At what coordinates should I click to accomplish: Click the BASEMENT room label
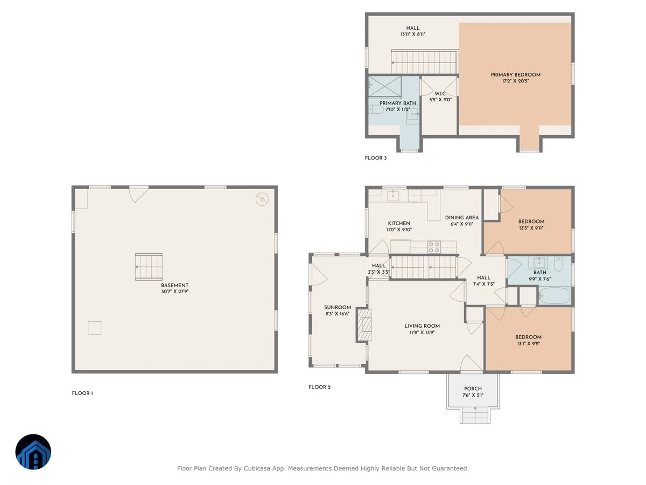pos(174,285)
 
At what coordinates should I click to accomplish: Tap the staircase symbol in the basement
pos(149,267)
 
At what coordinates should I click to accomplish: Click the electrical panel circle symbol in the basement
pos(262,199)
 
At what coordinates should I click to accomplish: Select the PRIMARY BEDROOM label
pos(515,75)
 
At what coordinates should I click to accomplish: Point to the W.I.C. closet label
pos(440,94)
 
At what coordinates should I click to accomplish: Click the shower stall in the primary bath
pos(385,87)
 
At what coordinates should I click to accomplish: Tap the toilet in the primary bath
pos(376,109)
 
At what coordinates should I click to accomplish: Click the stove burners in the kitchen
pos(434,247)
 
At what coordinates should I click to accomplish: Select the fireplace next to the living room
pos(364,325)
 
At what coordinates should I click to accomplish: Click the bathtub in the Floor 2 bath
pos(554,295)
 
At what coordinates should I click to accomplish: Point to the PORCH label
pos(473,389)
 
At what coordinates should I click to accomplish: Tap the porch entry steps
pos(475,415)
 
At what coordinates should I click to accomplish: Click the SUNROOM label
pos(338,307)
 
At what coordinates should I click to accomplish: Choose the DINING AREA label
pos(461,218)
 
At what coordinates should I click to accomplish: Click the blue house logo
pos(33,452)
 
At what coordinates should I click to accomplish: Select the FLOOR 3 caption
pos(376,158)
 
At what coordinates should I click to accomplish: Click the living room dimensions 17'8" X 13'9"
pos(422,332)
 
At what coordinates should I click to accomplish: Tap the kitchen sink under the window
pos(392,195)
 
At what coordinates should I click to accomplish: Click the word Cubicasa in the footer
pos(257,468)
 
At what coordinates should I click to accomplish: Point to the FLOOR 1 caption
pos(82,393)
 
